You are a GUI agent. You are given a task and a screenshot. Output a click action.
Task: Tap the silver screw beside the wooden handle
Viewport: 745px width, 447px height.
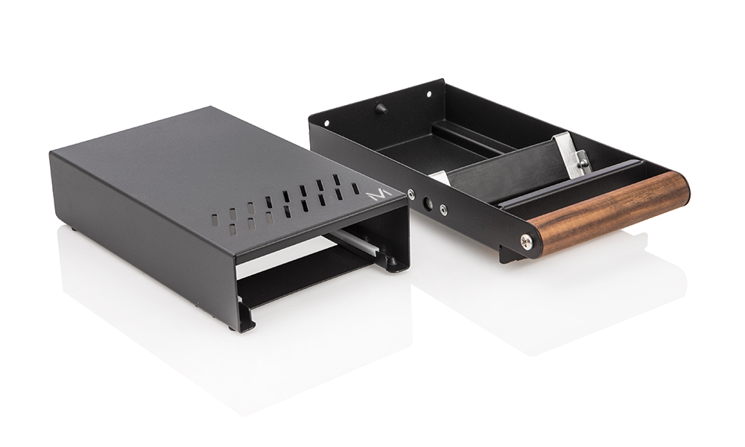[526, 242]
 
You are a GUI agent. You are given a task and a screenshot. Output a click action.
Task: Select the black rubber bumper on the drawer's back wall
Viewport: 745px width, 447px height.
[381, 108]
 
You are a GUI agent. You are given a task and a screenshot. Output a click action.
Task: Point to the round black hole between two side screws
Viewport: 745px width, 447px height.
[427, 203]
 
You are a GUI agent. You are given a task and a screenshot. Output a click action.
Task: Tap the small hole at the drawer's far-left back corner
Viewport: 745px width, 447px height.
[326, 122]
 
